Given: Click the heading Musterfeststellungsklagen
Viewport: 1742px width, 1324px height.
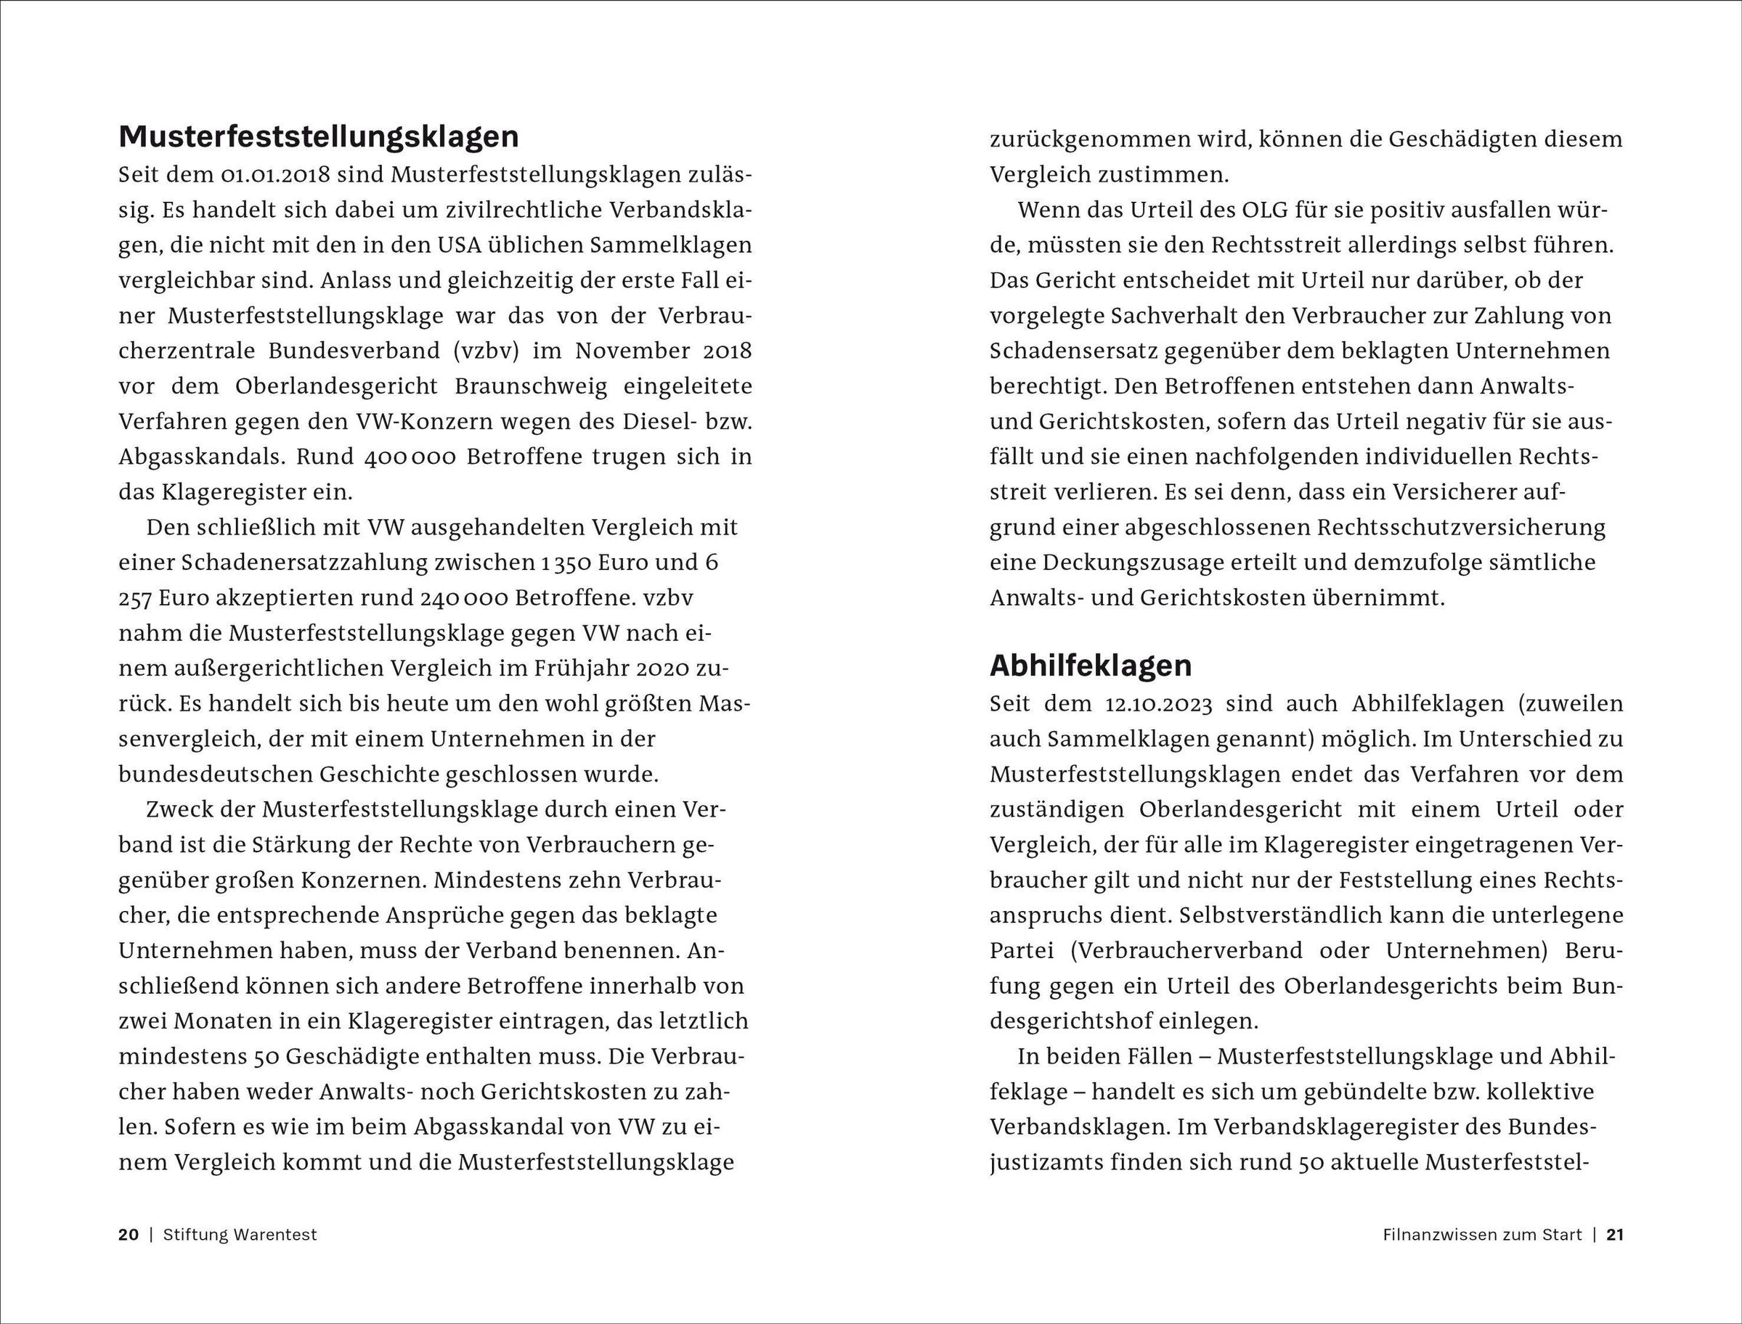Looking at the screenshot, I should (319, 137).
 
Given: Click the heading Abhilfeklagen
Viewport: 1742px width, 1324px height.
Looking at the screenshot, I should (1090, 666).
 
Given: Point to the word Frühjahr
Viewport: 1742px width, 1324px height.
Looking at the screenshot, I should (577, 669).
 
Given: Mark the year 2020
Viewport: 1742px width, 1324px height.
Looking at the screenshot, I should (664, 669).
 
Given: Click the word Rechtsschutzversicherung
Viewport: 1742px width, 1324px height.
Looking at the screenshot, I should (1460, 528).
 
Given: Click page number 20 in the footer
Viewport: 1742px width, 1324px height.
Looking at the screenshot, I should (129, 1235).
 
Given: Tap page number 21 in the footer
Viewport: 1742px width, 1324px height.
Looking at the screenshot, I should (1615, 1235).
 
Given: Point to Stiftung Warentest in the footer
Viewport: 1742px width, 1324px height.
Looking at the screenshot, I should (240, 1235).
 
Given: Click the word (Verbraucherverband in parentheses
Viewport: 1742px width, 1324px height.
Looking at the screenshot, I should (1187, 950).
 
